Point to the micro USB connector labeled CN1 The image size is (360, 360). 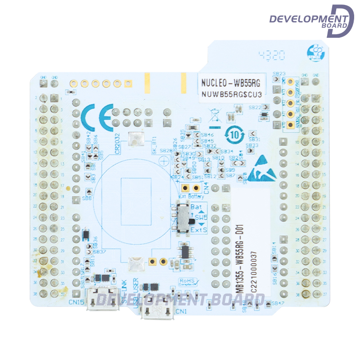point(157,308)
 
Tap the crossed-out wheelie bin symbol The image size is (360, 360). point(216,115)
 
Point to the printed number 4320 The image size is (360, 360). point(272,55)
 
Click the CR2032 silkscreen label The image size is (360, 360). point(117,144)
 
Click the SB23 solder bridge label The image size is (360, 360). point(279,73)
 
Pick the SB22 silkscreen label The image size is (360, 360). point(255,108)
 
